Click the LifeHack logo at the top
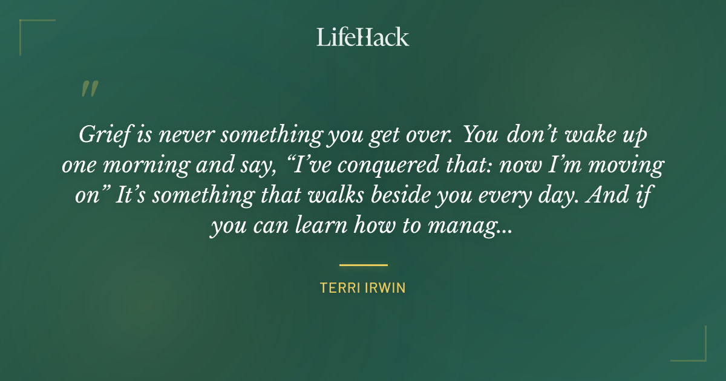tap(362, 37)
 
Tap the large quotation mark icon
tap(89, 89)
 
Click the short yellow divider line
tap(363, 265)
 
